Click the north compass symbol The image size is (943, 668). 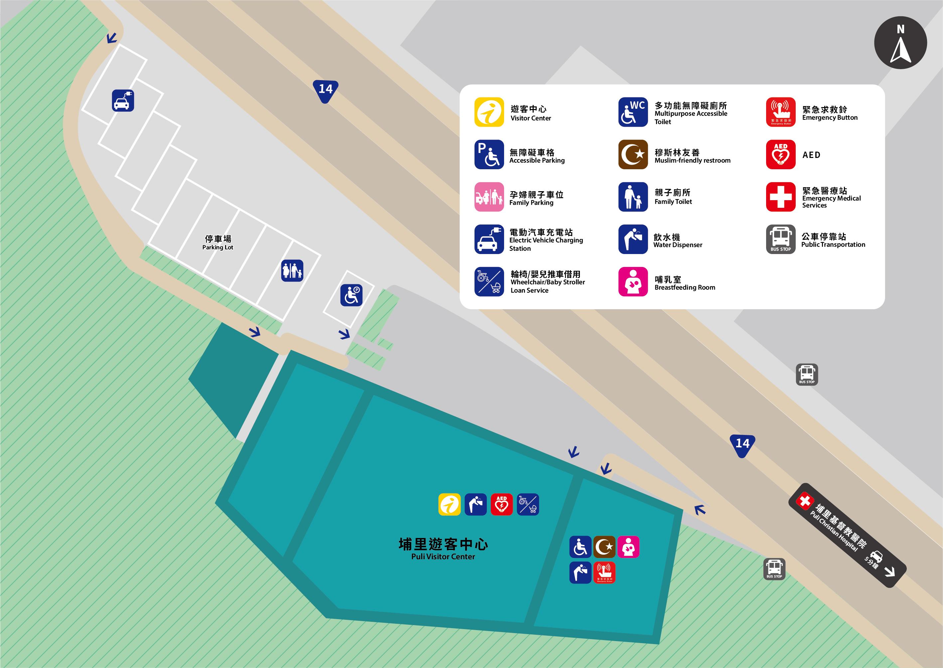(900, 43)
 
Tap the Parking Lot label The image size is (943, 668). (217, 243)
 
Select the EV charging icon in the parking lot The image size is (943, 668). (123, 101)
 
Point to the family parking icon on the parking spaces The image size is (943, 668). (292, 271)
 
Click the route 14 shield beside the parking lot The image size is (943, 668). (325, 90)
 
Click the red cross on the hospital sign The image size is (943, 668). (804, 501)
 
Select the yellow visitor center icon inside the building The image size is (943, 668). (449, 504)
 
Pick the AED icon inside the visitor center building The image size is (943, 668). (501, 504)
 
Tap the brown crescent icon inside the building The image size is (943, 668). (604, 547)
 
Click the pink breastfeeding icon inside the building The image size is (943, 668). (628, 547)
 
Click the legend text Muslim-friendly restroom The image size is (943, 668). (692, 160)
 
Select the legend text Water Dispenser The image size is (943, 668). (677, 245)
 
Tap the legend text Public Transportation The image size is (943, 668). (833, 244)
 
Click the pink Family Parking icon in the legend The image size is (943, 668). (489, 197)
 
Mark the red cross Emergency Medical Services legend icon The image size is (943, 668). (780, 197)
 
